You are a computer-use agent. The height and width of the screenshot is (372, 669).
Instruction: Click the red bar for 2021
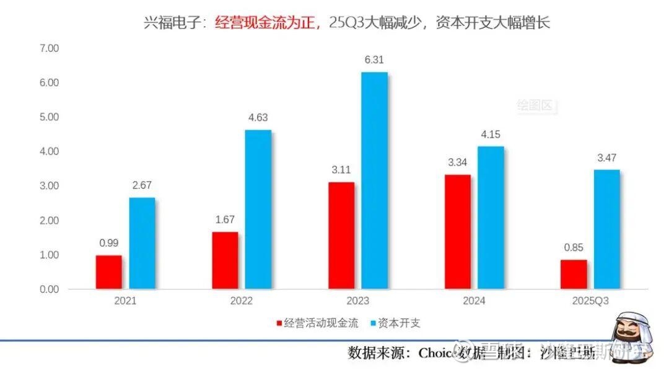click(109, 272)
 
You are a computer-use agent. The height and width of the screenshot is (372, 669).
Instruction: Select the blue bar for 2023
click(375, 180)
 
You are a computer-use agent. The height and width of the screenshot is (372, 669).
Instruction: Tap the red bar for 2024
click(458, 232)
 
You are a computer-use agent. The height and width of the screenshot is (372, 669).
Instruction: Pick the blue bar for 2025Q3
click(607, 229)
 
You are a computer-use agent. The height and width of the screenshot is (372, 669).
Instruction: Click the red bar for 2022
click(225, 260)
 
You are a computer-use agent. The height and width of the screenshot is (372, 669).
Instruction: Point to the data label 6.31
click(375, 60)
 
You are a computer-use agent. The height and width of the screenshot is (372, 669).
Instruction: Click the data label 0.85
click(574, 247)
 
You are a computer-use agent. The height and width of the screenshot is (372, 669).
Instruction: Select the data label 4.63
click(258, 117)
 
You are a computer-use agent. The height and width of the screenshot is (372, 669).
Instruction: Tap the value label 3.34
click(458, 162)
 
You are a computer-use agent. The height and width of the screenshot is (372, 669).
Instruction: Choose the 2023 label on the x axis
click(357, 302)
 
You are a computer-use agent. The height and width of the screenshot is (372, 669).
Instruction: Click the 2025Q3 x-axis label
click(589, 302)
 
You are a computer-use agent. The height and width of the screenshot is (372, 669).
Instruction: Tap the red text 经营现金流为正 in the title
click(267, 24)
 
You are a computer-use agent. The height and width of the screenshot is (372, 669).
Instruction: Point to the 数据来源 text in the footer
click(374, 353)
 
